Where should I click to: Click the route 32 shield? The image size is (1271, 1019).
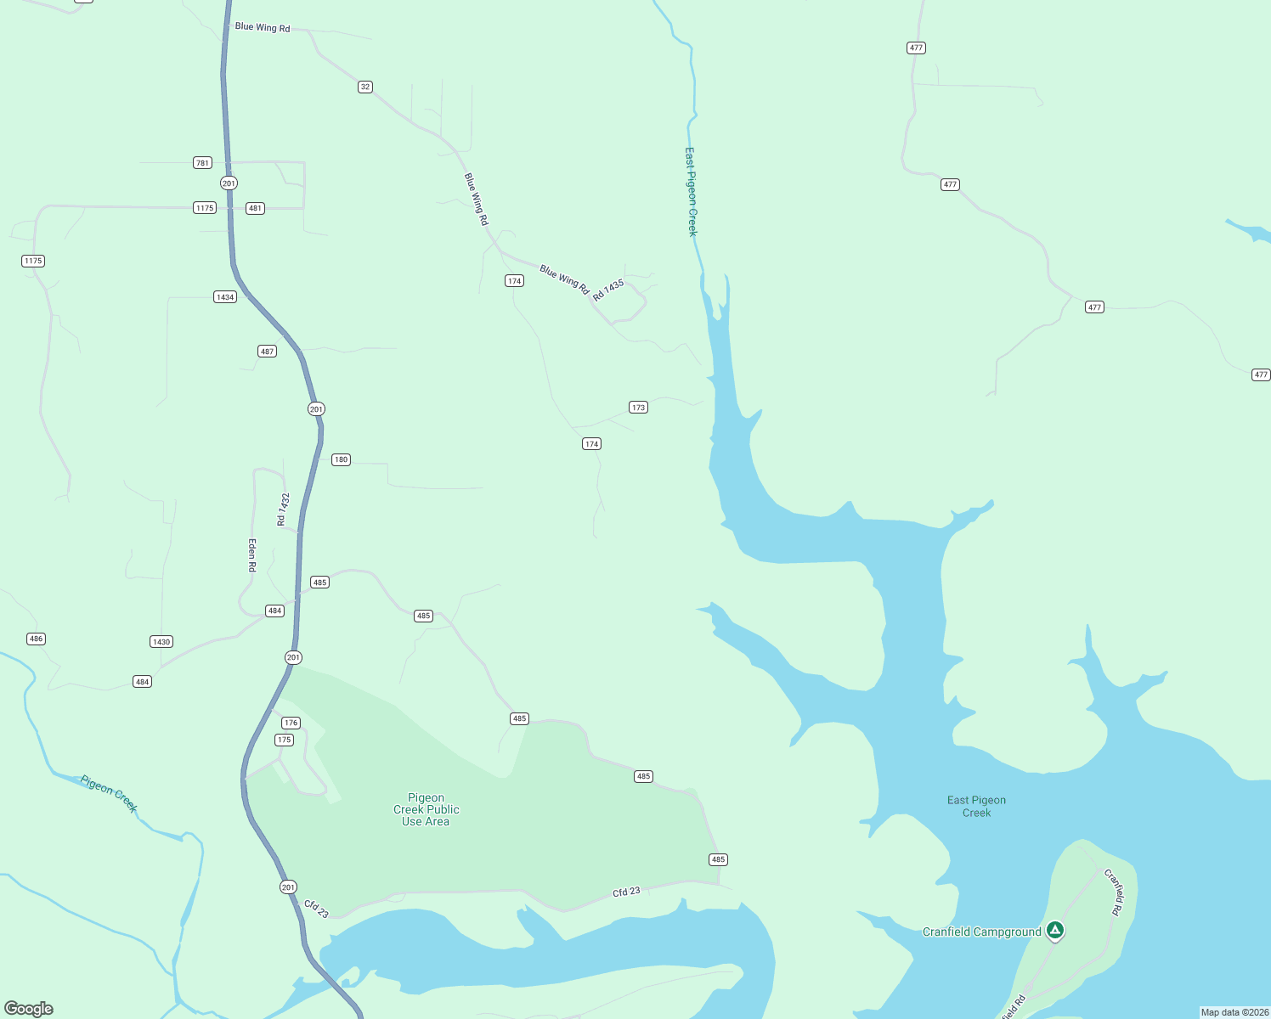click(x=365, y=87)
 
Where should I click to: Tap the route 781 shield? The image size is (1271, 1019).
click(x=202, y=163)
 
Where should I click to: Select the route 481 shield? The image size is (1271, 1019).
click(x=255, y=208)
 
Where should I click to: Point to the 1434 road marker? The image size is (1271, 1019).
click(x=224, y=297)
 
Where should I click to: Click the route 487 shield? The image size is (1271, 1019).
click(x=267, y=352)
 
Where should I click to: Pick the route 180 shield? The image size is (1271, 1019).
click(x=341, y=460)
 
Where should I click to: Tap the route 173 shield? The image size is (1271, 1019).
click(x=638, y=408)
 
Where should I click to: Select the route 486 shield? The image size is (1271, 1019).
click(x=36, y=639)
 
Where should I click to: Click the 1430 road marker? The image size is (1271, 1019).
click(x=161, y=642)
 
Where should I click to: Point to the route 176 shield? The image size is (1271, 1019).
click(x=291, y=723)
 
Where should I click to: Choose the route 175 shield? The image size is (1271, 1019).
click(x=284, y=740)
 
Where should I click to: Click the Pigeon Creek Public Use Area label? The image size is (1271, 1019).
click(x=426, y=810)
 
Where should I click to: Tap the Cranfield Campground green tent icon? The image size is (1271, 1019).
click(x=1054, y=931)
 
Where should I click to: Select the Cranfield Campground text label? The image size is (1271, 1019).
click(x=981, y=932)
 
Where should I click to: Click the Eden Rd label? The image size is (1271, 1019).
click(x=252, y=555)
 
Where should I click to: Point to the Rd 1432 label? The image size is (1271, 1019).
click(x=284, y=509)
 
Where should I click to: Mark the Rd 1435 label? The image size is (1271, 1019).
click(x=608, y=290)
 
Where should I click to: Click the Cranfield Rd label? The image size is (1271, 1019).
click(x=1113, y=892)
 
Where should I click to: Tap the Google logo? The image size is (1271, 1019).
click(x=29, y=1009)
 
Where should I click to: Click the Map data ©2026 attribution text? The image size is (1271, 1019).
click(x=1234, y=1012)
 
